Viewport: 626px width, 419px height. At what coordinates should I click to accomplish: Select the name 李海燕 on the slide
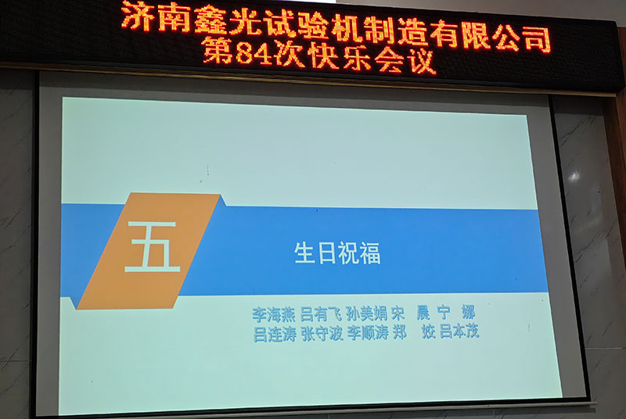point(274,314)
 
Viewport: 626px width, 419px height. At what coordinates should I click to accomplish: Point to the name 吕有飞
point(321,314)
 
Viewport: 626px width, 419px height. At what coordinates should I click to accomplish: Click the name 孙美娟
point(368,314)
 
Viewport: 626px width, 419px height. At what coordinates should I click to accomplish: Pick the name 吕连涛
point(275,333)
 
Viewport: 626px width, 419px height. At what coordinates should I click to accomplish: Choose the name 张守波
point(322,333)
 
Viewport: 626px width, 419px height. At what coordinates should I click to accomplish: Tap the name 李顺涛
point(369,333)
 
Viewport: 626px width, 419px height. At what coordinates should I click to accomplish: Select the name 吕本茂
point(459,332)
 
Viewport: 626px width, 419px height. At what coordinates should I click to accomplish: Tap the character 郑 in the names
point(400,333)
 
